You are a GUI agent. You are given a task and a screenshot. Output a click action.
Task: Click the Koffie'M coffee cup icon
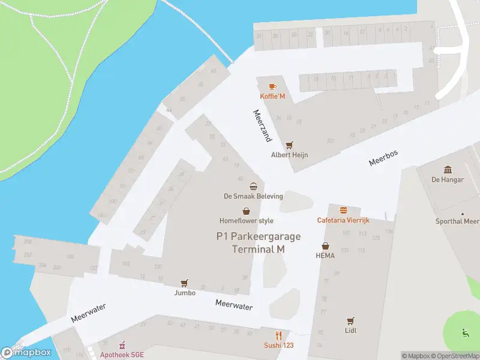click(x=272, y=87)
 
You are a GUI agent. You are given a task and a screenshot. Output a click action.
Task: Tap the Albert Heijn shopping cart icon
click(x=290, y=145)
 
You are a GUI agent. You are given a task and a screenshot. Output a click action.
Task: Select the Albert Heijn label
click(x=290, y=155)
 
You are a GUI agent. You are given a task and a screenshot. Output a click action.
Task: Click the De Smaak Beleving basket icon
click(x=253, y=186)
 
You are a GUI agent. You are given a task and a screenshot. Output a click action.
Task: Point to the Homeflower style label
click(x=246, y=221)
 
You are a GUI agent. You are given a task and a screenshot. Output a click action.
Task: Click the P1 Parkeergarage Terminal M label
click(x=259, y=242)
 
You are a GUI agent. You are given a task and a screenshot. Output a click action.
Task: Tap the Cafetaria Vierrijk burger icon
click(x=343, y=210)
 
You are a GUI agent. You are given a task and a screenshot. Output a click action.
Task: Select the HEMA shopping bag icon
click(x=325, y=245)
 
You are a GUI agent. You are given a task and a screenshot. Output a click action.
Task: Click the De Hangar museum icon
click(x=448, y=170)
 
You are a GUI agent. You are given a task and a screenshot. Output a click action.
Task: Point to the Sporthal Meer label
click(x=457, y=221)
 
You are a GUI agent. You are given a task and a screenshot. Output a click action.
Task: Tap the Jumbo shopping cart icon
click(x=185, y=283)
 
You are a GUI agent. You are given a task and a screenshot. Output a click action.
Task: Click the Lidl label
click(x=351, y=331)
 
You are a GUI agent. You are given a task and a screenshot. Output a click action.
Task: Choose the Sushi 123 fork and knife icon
click(x=278, y=335)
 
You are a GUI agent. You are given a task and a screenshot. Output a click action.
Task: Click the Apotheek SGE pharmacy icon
click(x=122, y=345)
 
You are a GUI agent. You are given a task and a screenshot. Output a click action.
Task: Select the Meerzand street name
click(x=262, y=125)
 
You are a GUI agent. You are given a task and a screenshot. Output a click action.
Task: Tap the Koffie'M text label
click(x=272, y=97)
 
